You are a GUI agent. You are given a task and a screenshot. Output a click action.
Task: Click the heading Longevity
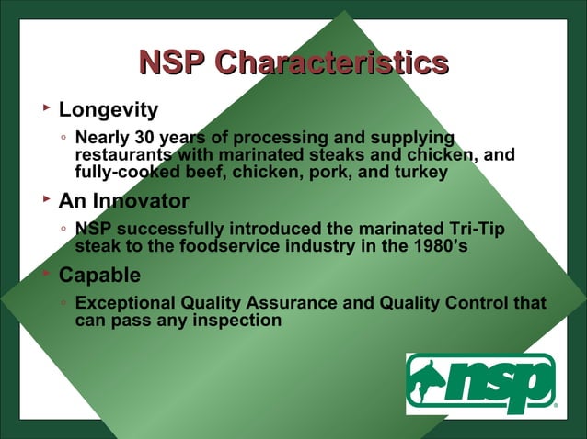coord(108,110)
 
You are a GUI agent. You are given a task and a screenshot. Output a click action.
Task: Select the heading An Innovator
coord(123,201)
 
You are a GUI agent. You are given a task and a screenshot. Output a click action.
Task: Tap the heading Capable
coord(99,276)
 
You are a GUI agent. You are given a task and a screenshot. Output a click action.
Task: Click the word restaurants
coord(117,154)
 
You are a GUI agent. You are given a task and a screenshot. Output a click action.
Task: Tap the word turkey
coord(420,172)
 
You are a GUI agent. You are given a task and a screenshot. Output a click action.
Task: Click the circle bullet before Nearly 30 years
coord(62,139)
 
